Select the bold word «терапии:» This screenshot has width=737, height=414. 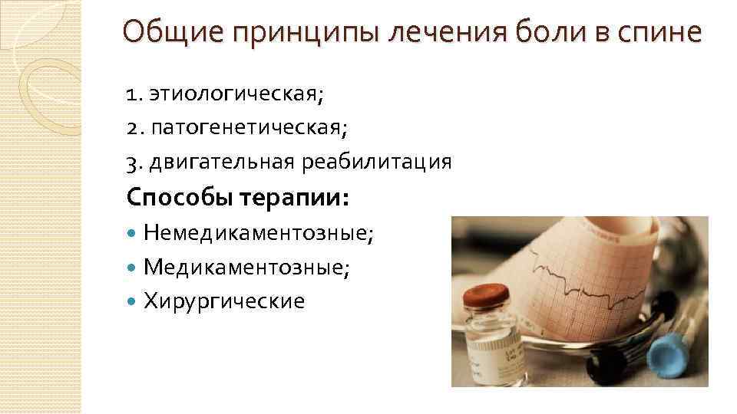(296, 198)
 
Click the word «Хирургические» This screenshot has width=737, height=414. (223, 301)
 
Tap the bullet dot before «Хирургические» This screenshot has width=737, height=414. (133, 301)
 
